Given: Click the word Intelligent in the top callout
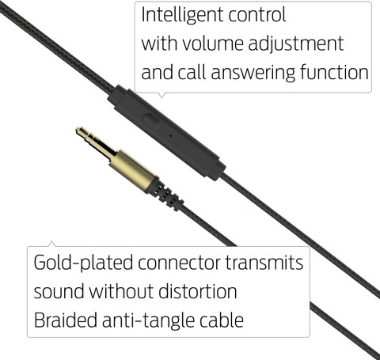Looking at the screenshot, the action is tap(182, 16).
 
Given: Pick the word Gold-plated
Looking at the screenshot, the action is tap(83, 263).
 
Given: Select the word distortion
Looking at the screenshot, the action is tap(198, 291).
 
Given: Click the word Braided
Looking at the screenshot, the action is tap(66, 320).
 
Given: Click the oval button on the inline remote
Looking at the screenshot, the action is tap(152, 120).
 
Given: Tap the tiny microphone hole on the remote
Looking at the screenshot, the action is tap(170, 136).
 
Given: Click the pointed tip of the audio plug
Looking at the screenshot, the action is tap(78, 130).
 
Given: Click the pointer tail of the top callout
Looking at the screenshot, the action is tap(161, 95).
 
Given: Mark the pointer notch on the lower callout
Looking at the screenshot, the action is tap(52, 244).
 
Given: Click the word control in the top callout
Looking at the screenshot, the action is tap(257, 14).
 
